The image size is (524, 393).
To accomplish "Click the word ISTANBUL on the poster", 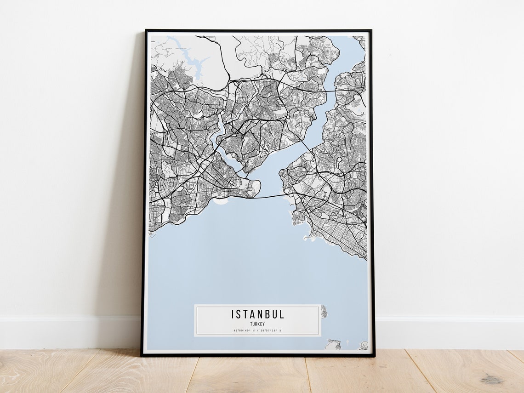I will click(257, 314).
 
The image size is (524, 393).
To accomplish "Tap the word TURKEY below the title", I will click(257, 324).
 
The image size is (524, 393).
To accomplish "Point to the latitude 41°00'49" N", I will click(242, 330).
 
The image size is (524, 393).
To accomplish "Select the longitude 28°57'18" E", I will click(271, 330).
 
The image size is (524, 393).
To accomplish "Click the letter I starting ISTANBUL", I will click(233, 314).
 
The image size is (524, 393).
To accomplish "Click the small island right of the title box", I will click(324, 312).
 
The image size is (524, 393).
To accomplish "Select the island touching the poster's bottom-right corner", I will click(364, 345).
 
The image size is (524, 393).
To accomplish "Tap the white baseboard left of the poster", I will click(69, 331).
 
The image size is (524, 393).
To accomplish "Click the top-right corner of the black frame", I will click(370, 31).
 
